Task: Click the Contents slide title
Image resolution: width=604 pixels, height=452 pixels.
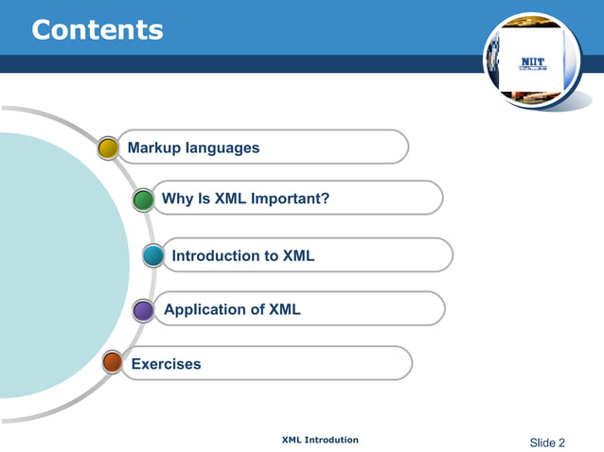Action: (x=98, y=29)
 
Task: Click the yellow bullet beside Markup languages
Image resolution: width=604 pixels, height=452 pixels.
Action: (x=108, y=148)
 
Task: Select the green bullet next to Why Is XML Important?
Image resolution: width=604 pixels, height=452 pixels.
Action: (x=143, y=200)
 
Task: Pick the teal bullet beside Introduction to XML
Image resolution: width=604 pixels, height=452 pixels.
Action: (x=153, y=255)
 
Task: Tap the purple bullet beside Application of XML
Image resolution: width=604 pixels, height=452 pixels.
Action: (x=143, y=310)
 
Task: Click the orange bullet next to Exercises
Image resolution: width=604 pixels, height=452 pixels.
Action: (x=112, y=362)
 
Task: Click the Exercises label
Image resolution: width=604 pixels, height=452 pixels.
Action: (x=166, y=364)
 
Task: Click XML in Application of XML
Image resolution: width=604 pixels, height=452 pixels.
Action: (x=285, y=309)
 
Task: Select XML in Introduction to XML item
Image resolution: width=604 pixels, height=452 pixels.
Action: (x=298, y=255)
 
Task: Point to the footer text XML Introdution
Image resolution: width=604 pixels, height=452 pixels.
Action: (x=320, y=440)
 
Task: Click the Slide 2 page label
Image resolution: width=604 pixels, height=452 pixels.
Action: (x=547, y=443)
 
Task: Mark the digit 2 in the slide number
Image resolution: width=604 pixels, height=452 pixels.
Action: (x=561, y=443)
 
